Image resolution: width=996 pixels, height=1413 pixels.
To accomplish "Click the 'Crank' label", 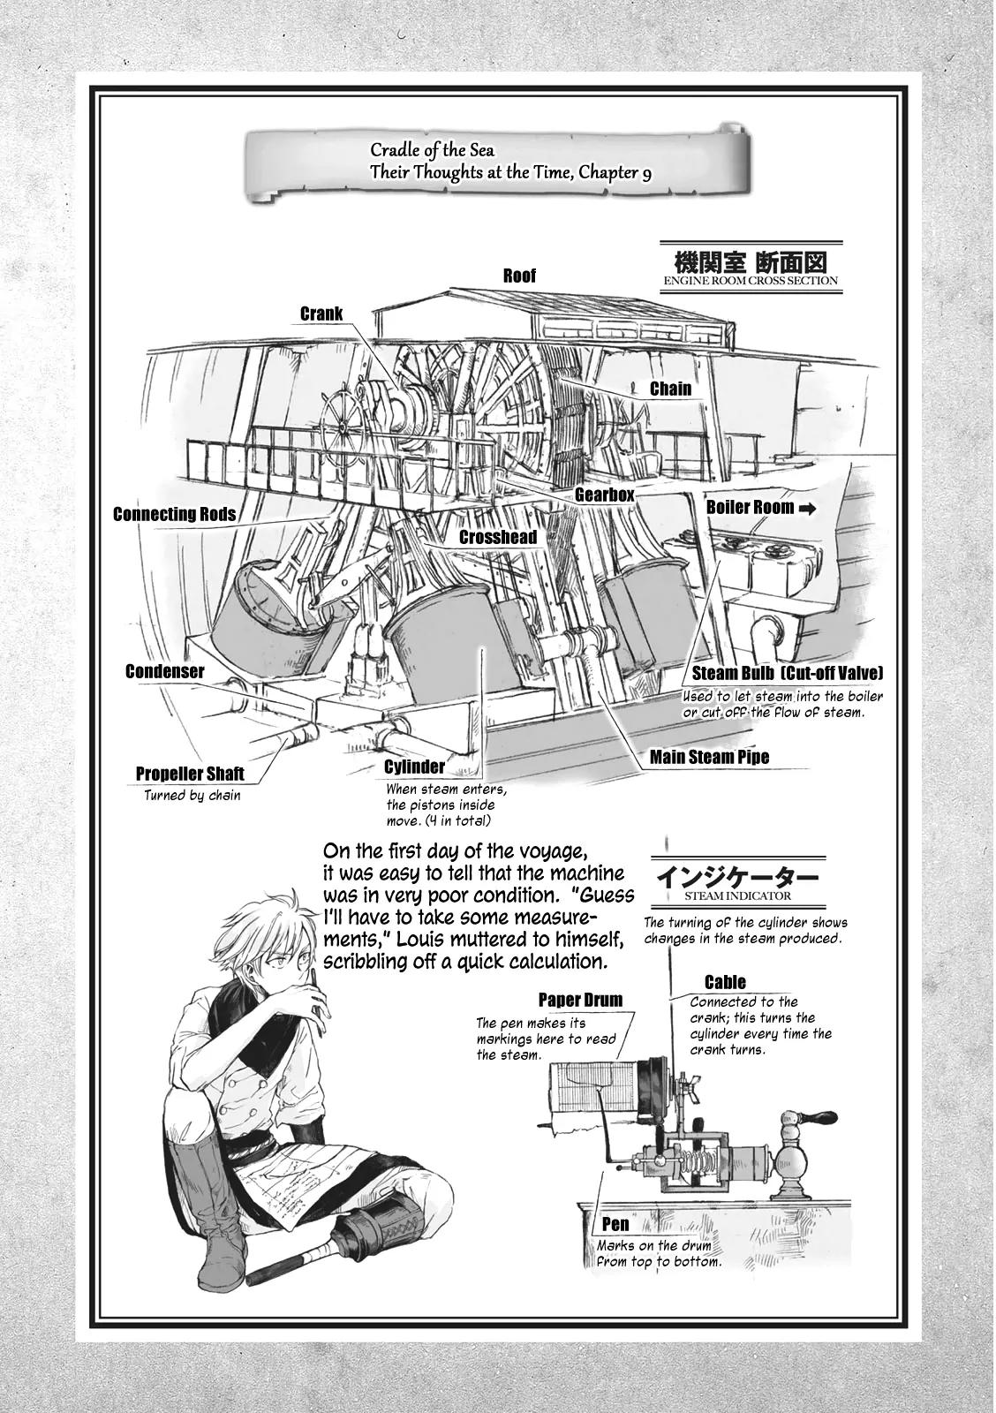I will pos(321,314).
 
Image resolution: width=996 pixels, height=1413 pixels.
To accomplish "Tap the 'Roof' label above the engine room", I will pos(519,276).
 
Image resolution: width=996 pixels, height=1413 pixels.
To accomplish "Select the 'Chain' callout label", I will pos(670,388).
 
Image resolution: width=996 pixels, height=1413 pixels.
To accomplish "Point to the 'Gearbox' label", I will pos(604,495).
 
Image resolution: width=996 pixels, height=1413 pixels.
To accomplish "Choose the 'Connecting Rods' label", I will pos(174,514).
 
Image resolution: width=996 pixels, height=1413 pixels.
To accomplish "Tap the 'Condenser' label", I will pos(164,671).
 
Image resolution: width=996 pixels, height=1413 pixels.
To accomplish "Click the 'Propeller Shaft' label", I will pos(190,775).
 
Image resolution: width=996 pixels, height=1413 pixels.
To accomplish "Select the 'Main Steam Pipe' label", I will pos(709,757).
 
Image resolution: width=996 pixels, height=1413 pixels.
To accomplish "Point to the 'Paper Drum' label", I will pos(580,1000).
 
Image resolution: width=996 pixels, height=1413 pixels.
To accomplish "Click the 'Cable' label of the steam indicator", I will pos(725,982).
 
